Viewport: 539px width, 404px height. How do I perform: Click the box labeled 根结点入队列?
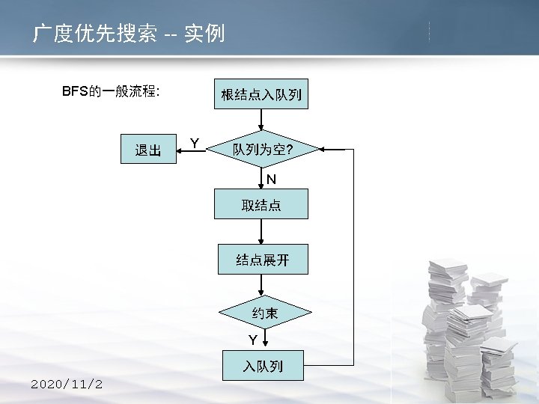(x=261, y=94)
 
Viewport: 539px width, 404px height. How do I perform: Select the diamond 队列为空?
(x=261, y=150)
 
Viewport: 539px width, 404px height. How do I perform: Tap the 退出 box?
(x=147, y=150)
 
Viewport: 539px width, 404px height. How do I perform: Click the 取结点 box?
(x=261, y=204)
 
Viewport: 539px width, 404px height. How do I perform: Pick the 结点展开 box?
(x=261, y=260)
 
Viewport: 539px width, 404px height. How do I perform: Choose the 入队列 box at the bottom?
(x=261, y=366)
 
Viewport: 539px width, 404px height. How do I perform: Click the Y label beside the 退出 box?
(x=194, y=142)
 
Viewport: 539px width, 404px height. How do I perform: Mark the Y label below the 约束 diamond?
(x=253, y=340)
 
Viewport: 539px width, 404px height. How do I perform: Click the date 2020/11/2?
(x=67, y=384)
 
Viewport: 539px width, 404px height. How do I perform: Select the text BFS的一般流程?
(x=109, y=91)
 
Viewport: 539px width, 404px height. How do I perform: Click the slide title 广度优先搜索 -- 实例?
(x=128, y=34)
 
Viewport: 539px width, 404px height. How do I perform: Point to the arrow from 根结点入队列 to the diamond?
(x=261, y=120)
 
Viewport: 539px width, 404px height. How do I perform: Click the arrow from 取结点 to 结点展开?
(x=261, y=230)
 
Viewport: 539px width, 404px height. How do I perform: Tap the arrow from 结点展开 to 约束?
(x=261, y=284)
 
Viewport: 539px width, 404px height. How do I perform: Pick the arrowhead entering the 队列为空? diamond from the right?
(x=323, y=150)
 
